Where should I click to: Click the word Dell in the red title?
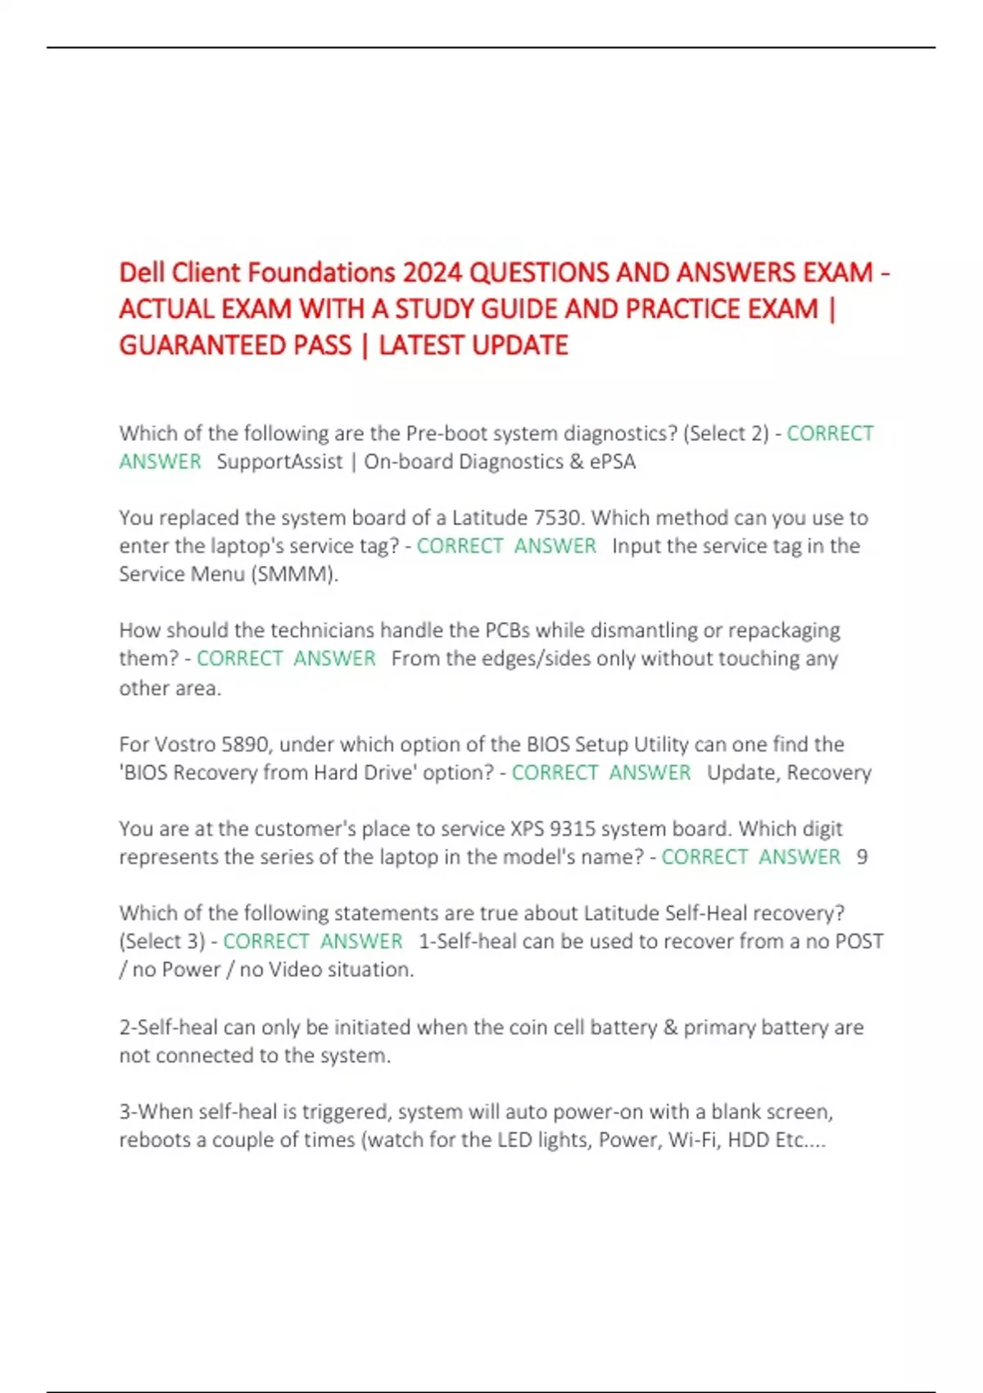tap(143, 272)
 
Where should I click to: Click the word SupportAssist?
tap(279, 461)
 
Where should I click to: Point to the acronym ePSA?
tap(612, 461)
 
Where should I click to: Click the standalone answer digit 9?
tap(862, 857)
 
